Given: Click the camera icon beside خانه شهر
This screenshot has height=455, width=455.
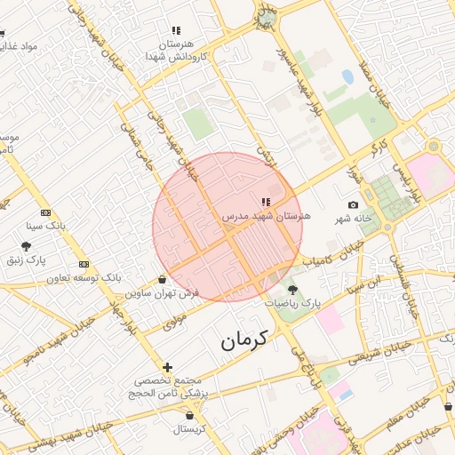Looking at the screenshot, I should (x=354, y=205).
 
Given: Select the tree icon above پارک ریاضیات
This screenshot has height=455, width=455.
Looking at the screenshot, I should (x=292, y=291).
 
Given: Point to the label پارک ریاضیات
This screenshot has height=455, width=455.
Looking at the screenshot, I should (x=292, y=304).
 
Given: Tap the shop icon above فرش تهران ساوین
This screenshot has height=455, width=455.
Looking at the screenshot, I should (x=162, y=279).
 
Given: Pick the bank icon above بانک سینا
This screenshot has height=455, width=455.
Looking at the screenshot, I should (x=46, y=213).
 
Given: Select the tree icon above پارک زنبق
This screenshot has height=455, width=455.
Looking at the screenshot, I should (x=26, y=246).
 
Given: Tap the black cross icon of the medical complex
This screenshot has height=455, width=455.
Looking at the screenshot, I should (x=167, y=367).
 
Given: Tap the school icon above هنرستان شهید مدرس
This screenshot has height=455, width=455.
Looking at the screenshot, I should (x=266, y=203).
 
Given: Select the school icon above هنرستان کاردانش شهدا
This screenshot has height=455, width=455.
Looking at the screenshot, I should (x=176, y=30).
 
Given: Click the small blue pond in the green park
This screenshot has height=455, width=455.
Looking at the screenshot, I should (x=347, y=77).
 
